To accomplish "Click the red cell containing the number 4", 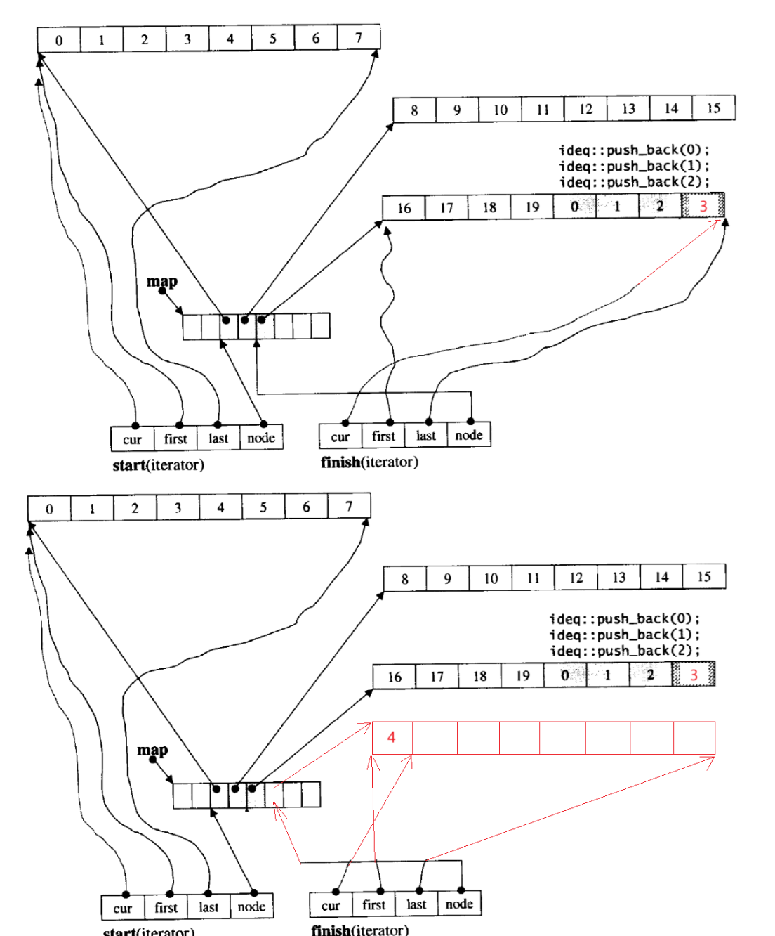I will (392, 737).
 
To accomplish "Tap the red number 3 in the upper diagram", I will (703, 206).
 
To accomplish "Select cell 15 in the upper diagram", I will (713, 108).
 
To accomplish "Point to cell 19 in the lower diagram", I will (522, 676).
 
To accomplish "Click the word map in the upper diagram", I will (161, 281).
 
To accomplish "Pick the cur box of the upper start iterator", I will (132, 439).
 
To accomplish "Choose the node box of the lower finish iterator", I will (459, 904).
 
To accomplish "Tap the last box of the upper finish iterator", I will (425, 436).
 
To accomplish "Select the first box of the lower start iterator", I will (166, 907).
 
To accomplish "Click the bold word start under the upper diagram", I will (128, 465).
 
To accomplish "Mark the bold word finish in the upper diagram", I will (340, 462).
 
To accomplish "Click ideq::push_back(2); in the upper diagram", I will (634, 182).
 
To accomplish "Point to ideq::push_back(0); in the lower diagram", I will (624, 618).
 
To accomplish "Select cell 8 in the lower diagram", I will (404, 579).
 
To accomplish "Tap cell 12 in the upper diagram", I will (585, 109).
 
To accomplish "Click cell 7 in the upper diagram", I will (358, 37).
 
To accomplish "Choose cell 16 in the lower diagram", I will (395, 677).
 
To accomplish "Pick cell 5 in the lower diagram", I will (263, 507).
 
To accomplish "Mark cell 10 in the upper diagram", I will (500, 110).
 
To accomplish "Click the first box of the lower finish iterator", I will (373, 904).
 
